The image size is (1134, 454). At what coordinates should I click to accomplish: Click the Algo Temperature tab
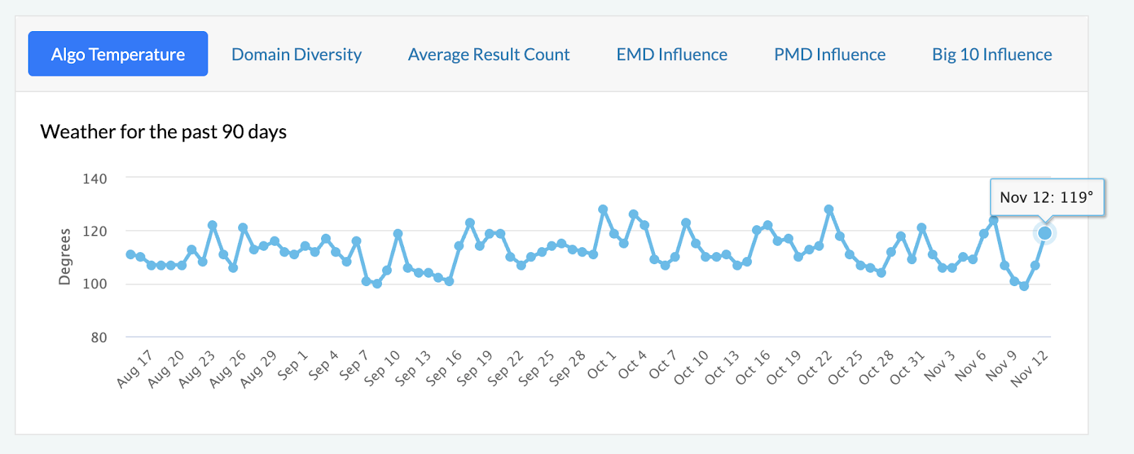[x=118, y=54]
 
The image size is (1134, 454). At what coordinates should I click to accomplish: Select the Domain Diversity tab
[x=296, y=55]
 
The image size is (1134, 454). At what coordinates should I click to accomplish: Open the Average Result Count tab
[x=488, y=55]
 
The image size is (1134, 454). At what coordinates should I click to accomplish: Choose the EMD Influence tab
[x=671, y=55]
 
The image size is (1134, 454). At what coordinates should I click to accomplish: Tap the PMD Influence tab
[x=829, y=55]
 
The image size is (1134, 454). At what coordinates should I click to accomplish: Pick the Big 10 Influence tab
[x=992, y=55]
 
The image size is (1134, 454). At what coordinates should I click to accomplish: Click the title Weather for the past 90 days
[x=163, y=132]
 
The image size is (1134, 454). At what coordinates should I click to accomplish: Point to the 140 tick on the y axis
[x=95, y=179]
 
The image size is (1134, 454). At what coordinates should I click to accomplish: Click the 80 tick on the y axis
[x=99, y=338]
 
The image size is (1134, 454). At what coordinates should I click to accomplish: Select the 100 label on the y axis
[x=95, y=284]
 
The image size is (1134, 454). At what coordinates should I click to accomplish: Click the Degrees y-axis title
[x=64, y=256]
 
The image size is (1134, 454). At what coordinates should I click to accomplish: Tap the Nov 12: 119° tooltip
[x=1046, y=198]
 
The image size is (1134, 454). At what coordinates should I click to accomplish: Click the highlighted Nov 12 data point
[x=1045, y=233]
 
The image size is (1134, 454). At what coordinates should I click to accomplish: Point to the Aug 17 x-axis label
[x=135, y=368]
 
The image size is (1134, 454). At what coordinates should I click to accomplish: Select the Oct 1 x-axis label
[x=602, y=364]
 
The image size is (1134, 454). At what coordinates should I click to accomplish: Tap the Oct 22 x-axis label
[x=814, y=368]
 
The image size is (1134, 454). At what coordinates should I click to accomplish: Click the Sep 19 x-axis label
[x=475, y=368]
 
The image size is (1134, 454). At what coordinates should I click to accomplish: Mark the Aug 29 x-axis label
[x=258, y=368]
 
